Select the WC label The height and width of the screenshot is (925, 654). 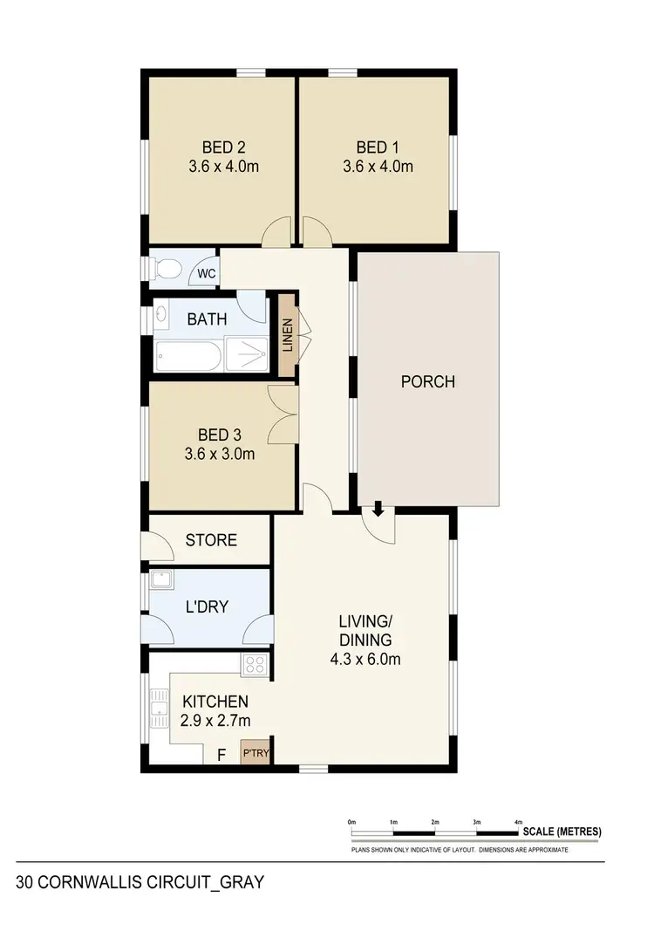tap(206, 274)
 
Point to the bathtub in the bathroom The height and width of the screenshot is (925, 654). tap(187, 357)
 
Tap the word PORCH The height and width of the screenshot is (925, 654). tap(427, 381)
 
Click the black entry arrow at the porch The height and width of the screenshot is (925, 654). tap(378, 508)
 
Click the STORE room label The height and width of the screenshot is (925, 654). tap(211, 540)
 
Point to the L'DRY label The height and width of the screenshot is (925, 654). tap(207, 606)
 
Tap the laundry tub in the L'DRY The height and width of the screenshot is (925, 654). tap(160, 582)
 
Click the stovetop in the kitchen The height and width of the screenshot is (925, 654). tap(254, 665)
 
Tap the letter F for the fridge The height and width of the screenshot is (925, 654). tap(221, 754)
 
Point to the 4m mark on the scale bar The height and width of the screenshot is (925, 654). tap(519, 824)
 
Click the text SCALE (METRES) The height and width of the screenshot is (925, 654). tap(562, 832)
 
